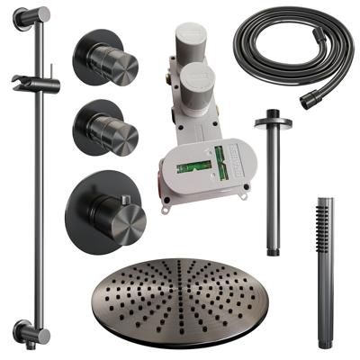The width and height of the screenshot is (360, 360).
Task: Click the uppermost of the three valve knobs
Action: click(x=114, y=60)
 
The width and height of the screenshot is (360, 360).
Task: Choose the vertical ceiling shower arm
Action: click(x=270, y=180)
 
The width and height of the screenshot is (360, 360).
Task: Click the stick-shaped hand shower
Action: click(x=325, y=270)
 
